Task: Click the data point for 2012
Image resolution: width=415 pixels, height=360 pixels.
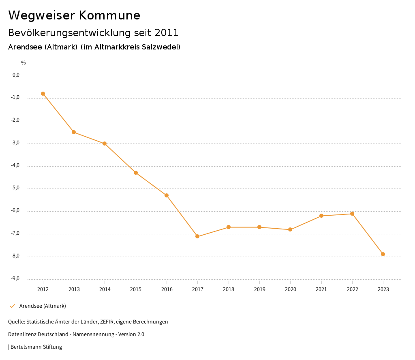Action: (43, 94)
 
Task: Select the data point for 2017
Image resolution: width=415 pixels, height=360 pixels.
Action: (197, 236)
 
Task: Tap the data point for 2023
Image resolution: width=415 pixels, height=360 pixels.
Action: (383, 254)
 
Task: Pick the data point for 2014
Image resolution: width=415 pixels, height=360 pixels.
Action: (105, 144)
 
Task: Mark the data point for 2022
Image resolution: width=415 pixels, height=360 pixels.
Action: (352, 214)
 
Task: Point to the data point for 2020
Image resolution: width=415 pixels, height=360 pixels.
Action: (290, 229)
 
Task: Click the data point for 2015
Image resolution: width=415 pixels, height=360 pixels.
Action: (136, 173)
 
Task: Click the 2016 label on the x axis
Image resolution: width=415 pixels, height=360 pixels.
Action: (167, 289)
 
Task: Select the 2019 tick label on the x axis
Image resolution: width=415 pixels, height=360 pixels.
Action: (259, 289)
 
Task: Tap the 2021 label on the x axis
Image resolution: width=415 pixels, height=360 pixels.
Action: (321, 289)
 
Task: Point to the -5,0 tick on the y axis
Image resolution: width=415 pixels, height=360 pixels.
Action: (16, 188)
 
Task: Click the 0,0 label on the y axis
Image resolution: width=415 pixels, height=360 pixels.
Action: (16, 75)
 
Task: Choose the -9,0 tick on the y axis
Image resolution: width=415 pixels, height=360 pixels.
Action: (16, 279)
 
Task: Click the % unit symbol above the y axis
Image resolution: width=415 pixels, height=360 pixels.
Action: (24, 63)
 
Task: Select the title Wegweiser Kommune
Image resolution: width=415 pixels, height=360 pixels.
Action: (74, 15)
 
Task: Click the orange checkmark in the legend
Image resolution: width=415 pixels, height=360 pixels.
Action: (12, 306)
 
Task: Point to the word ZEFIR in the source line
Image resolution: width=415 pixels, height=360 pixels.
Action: (107, 322)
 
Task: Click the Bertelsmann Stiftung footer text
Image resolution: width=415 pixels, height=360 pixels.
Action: (36, 347)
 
